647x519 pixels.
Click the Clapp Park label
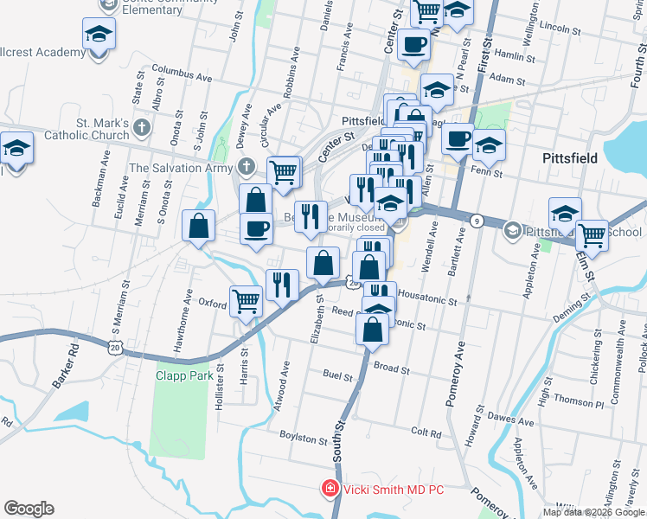pos(183,375)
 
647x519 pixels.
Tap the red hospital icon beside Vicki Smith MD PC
pos(329,490)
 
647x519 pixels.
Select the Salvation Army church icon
pos(247,167)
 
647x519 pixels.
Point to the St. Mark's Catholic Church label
pos(89,129)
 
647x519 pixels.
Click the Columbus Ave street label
pos(182,72)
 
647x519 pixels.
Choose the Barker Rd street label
pos(65,369)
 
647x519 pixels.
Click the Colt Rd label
pos(426,432)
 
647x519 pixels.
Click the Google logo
pos(29,509)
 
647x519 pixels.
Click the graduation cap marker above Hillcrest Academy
pos(99,35)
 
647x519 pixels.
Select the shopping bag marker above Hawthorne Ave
pos(199,226)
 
